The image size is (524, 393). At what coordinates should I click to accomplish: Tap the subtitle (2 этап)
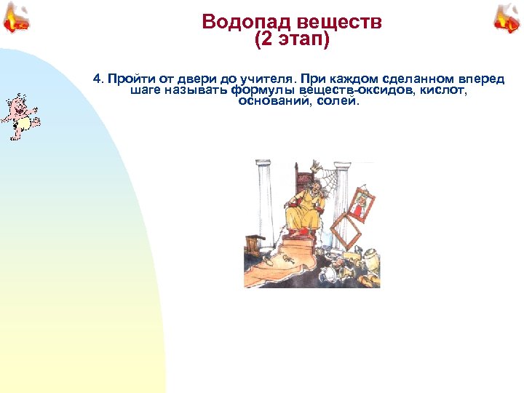tap(292, 40)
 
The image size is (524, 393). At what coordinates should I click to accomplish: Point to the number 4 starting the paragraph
tap(96, 79)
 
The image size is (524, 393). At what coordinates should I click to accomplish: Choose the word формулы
tap(258, 91)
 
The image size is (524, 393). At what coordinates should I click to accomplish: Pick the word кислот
tap(442, 91)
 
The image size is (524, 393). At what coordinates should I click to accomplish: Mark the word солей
tap(339, 103)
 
